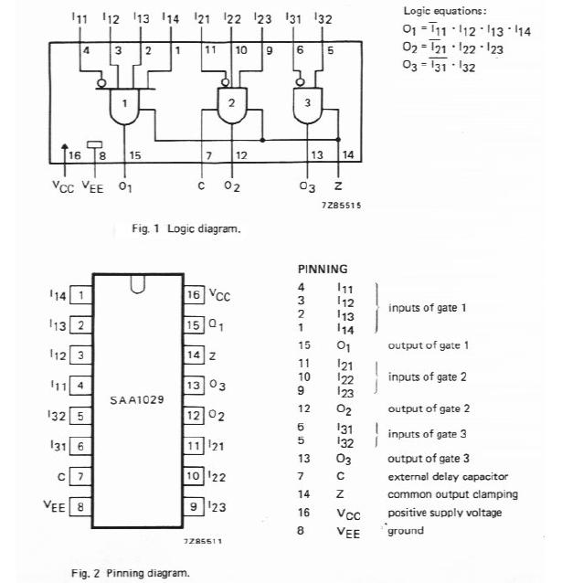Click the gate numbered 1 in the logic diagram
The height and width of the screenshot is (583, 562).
tap(125, 103)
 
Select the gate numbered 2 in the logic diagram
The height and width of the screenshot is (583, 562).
tap(232, 103)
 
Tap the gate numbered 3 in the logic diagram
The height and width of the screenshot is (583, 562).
tap(307, 102)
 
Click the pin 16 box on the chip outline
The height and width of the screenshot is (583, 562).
tap(193, 295)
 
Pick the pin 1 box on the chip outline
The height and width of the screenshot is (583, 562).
tap(81, 295)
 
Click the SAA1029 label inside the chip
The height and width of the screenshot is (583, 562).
tap(137, 400)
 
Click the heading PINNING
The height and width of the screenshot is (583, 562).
tap(323, 270)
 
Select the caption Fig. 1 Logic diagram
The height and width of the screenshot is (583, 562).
tap(186, 228)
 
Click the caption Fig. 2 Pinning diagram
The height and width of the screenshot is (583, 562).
tap(131, 573)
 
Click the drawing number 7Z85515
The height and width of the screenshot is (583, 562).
tap(343, 206)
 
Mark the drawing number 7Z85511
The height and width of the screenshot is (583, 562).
tap(202, 542)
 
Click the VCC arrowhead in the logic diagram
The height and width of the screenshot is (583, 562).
tap(64, 147)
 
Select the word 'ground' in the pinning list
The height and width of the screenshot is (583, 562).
tap(408, 530)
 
